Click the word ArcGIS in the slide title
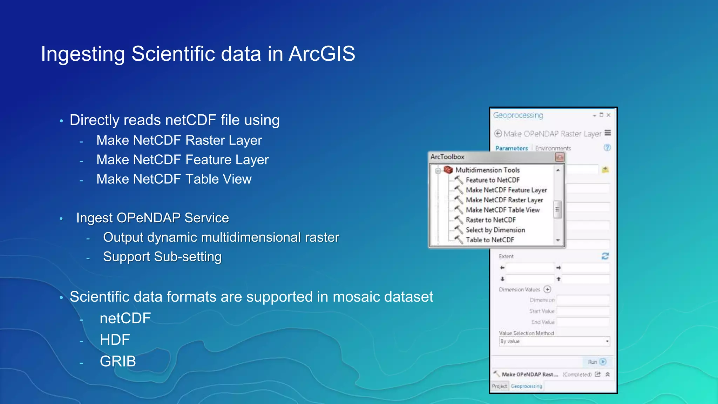point(321,54)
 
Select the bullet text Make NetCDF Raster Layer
point(179,140)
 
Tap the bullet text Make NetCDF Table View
point(174,179)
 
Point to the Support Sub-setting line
point(162,257)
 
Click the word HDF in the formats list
point(115,339)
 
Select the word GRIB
point(117,361)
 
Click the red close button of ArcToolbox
point(559,157)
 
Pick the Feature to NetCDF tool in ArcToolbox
point(492,180)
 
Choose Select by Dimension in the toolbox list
point(495,230)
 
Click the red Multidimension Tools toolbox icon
point(448,170)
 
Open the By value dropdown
point(607,341)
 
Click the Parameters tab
point(512,148)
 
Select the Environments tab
point(553,148)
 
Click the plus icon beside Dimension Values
point(547,289)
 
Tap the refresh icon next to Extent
point(605,256)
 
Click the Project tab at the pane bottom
point(499,386)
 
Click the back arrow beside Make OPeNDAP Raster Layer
point(498,134)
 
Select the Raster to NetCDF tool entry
point(490,220)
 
